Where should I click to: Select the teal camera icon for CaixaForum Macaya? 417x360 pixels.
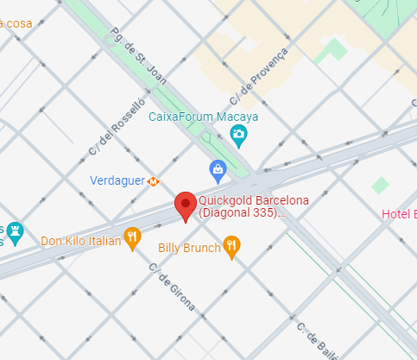[x=238, y=134]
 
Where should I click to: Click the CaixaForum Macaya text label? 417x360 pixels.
[x=204, y=117]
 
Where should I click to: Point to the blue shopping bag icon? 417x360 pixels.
[x=218, y=168]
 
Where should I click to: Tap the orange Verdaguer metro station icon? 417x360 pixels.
[x=154, y=181]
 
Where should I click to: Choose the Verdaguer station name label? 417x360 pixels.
[x=117, y=181]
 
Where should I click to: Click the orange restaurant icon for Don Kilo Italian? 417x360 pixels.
[x=132, y=237]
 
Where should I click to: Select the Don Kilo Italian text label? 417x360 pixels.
[x=80, y=241]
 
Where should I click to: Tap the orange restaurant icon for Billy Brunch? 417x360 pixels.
[x=231, y=248]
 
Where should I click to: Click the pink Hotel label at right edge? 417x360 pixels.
[x=399, y=214]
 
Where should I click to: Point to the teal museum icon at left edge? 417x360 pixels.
[x=15, y=231]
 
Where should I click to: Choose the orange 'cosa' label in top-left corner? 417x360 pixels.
[x=17, y=22]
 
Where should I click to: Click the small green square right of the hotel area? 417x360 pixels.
[x=380, y=185]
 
